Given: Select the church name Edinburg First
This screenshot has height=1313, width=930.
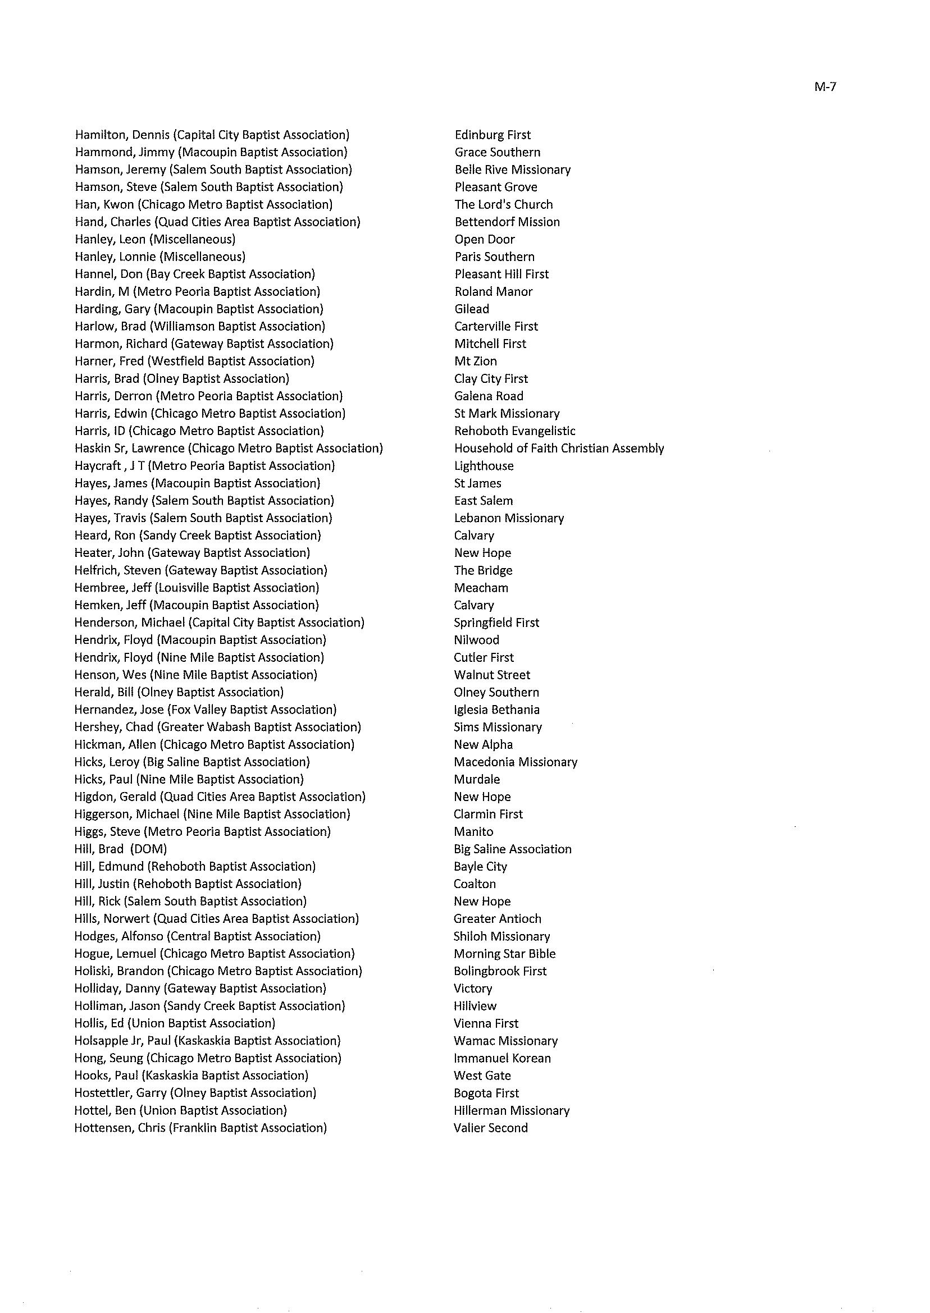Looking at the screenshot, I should click(x=493, y=135).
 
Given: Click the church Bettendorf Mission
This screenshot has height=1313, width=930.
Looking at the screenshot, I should click(x=507, y=222).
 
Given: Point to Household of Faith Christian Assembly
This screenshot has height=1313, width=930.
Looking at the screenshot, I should click(x=559, y=448).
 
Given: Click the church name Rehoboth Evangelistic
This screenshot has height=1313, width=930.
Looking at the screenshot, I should click(x=514, y=431).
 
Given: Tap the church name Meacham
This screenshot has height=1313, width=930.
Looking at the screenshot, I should click(x=481, y=588).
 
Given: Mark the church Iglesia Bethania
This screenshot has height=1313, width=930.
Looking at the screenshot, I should click(x=496, y=710).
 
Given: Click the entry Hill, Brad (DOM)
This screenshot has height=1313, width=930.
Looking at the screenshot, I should click(x=120, y=849).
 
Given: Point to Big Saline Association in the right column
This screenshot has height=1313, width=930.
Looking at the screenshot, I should click(x=513, y=849).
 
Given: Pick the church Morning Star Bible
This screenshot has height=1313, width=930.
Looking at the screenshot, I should click(x=504, y=954).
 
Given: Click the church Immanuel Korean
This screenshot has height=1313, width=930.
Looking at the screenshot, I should click(x=502, y=1058).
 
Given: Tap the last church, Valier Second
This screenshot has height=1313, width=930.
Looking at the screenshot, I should click(x=490, y=1128).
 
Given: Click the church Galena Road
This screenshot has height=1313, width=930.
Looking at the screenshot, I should click(x=489, y=396).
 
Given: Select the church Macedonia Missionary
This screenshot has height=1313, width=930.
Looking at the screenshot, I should click(x=516, y=762).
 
